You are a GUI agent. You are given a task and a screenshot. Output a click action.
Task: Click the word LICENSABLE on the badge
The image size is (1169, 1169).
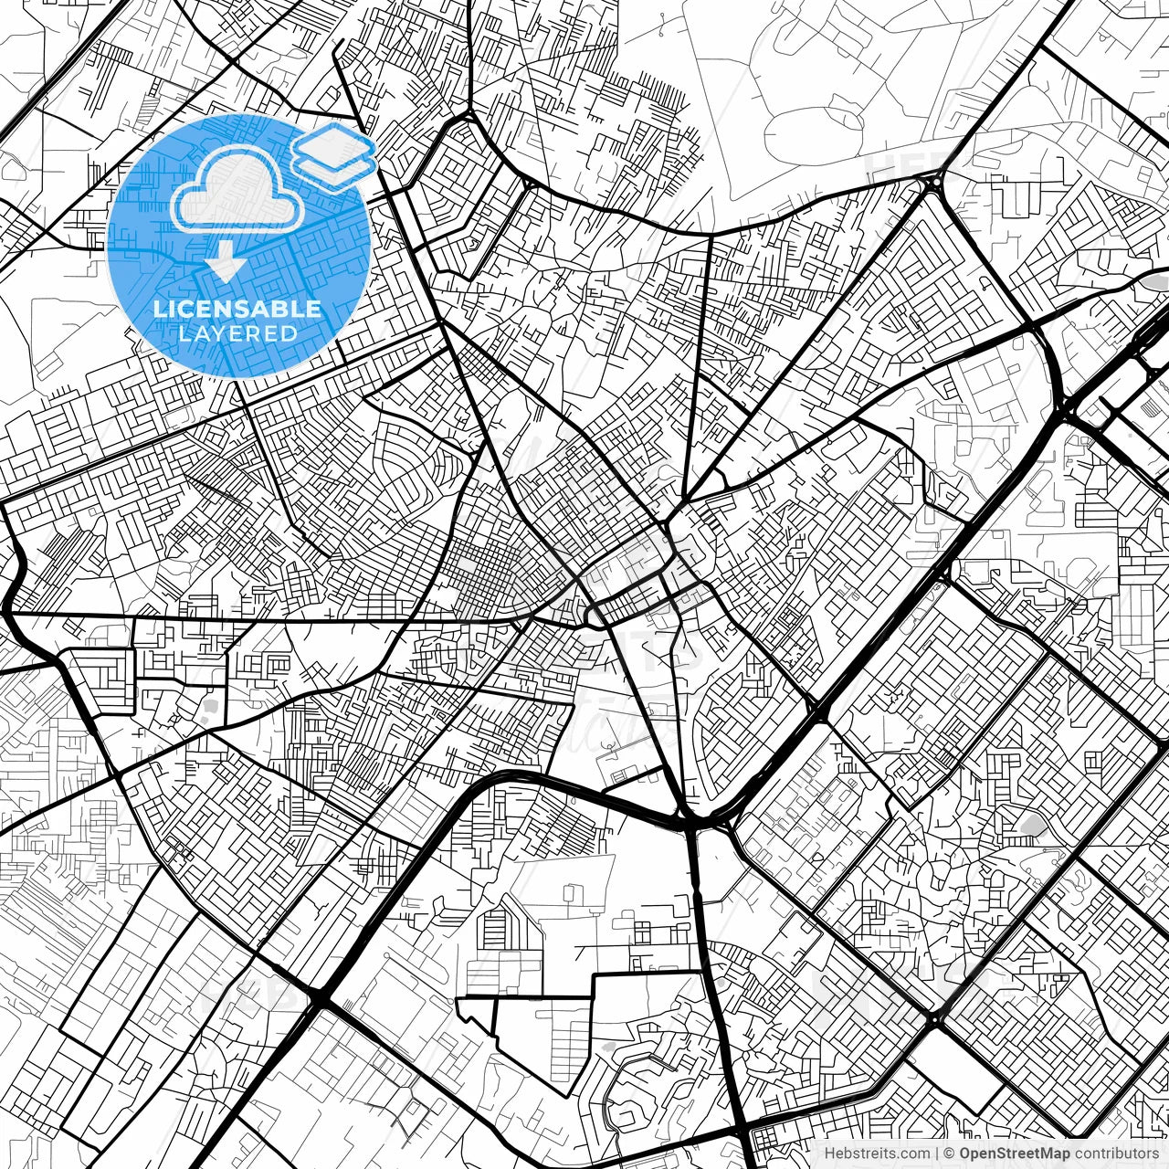(x=237, y=309)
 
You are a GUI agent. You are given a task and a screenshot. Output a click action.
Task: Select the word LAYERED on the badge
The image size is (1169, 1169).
(x=237, y=333)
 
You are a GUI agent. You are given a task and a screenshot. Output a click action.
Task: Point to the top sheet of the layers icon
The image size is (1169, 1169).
(x=334, y=143)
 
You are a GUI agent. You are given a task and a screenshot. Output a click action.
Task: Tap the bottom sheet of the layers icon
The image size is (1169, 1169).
(x=334, y=166)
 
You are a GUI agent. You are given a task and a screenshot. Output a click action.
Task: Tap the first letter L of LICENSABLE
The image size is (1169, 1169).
(x=159, y=309)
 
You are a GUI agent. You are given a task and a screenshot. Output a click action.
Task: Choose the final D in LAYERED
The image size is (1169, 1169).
(x=290, y=333)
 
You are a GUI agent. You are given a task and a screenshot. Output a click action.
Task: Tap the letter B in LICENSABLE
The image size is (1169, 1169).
(x=282, y=309)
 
